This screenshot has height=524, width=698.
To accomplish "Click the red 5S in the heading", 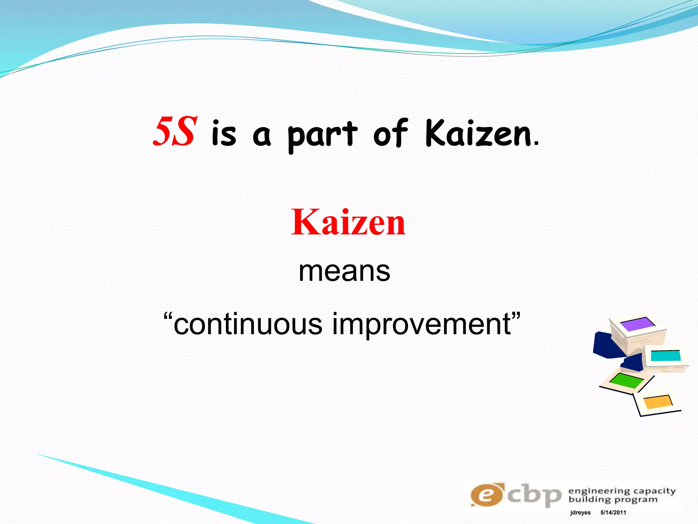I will pyautogui.click(x=175, y=132).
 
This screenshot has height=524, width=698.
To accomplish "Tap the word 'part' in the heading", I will pyautogui.click(x=322, y=135).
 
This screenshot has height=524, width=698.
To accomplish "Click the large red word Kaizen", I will pyautogui.click(x=348, y=222).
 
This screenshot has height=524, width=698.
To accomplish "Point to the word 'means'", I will pyautogui.click(x=344, y=272).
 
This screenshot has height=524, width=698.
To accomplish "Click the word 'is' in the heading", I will pyautogui.click(x=224, y=134).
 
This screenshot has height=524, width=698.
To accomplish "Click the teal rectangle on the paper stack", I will pyautogui.click(x=665, y=355).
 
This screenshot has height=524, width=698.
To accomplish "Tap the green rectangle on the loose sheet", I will pyautogui.click(x=626, y=381).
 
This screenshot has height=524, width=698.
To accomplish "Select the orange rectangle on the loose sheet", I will pyautogui.click(x=658, y=402).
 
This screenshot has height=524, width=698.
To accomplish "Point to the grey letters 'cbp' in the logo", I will pyautogui.click(x=534, y=495).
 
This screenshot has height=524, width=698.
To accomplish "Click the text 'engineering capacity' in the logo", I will pyautogui.click(x=622, y=491).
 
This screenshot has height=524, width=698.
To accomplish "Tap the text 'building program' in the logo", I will pyautogui.click(x=613, y=500).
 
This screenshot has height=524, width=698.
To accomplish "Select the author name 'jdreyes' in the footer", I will pyautogui.click(x=580, y=513).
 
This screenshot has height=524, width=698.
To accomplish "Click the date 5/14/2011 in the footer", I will pyautogui.click(x=613, y=513).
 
